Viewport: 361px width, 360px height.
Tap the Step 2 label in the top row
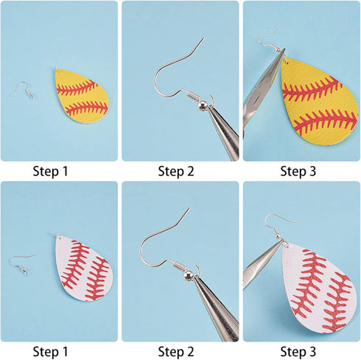176,171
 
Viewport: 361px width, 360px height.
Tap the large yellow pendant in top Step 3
320,103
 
